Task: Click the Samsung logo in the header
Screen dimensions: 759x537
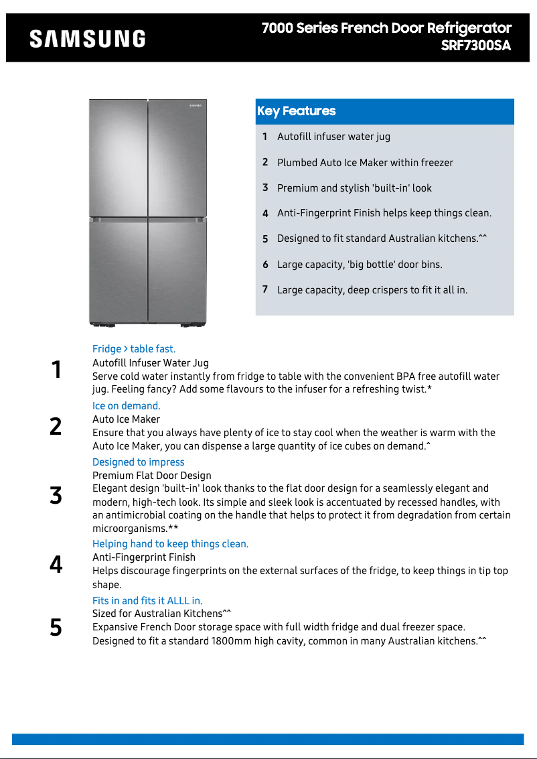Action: (87, 39)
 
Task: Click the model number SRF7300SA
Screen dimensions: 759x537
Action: (475, 46)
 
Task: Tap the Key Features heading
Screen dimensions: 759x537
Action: (296, 111)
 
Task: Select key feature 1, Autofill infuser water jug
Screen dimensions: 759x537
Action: (333, 137)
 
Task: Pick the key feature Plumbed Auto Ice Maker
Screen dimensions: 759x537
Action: (365, 163)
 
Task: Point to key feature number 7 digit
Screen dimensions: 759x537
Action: (265, 289)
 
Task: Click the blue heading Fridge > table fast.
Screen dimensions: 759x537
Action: (134, 349)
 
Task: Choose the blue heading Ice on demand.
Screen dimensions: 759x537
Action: (127, 406)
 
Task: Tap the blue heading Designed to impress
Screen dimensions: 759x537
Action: (139, 462)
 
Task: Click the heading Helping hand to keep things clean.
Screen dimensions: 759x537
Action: (170, 544)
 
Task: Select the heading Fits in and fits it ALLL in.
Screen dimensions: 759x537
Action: (147, 601)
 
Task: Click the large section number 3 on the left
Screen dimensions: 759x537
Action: (56, 496)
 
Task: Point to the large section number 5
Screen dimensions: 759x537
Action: (56, 628)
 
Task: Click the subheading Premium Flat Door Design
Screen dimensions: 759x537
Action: (152, 476)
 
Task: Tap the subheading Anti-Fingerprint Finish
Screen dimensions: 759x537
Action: (144, 557)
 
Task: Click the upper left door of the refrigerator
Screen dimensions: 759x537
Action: (119, 157)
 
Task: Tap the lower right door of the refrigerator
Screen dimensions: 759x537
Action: (177, 271)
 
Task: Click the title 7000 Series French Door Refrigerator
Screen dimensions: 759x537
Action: (386, 28)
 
